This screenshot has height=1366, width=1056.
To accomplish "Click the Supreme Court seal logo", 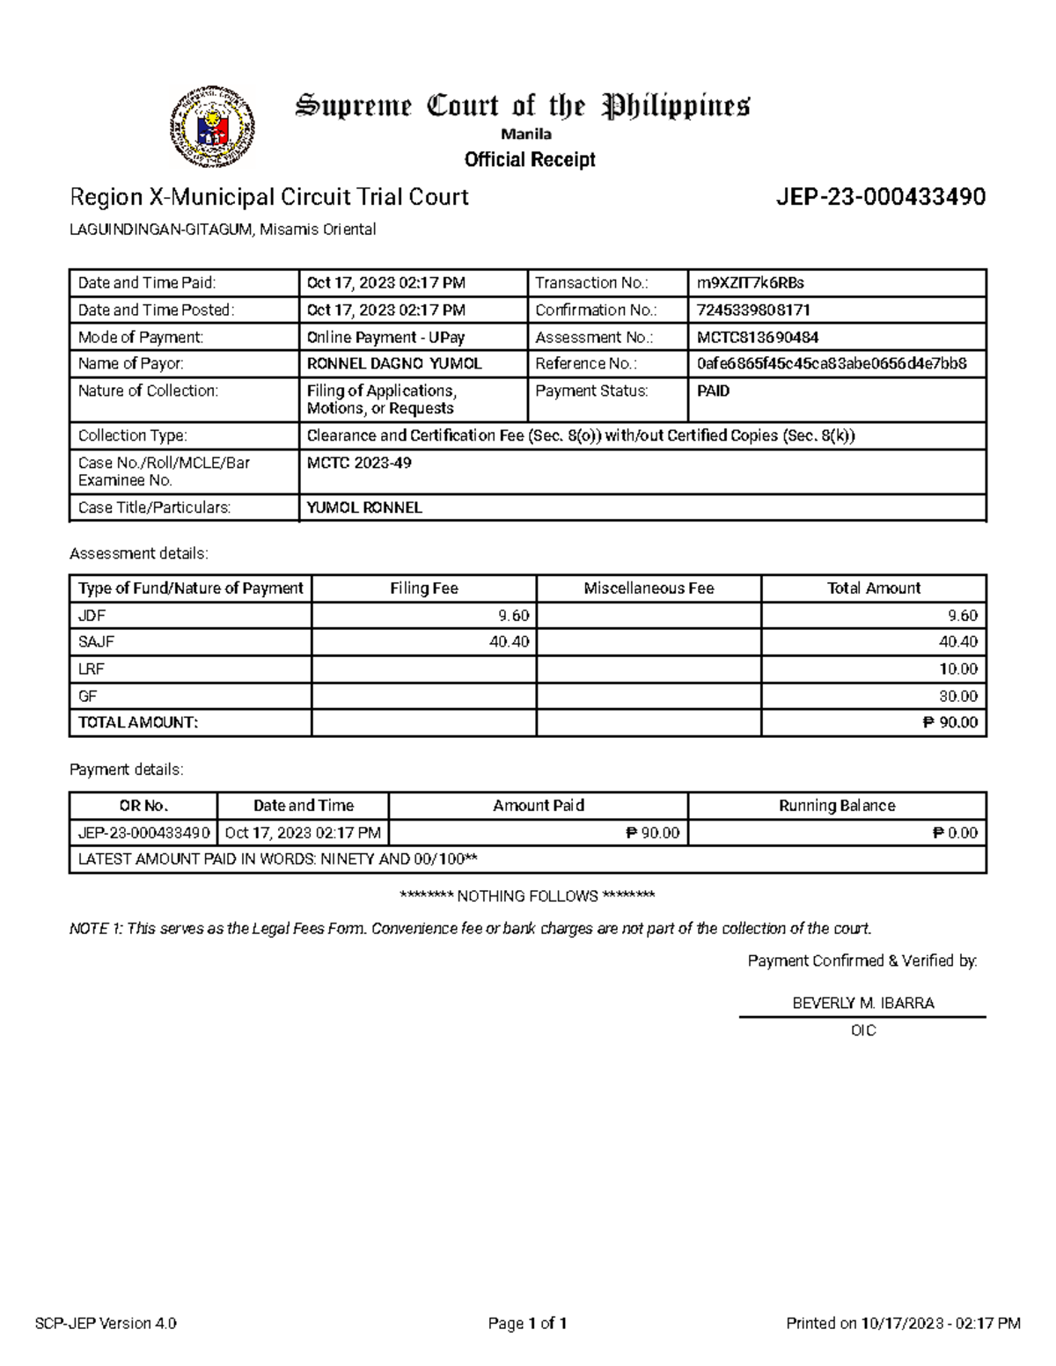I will (212, 128).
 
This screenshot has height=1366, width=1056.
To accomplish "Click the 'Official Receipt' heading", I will (530, 159).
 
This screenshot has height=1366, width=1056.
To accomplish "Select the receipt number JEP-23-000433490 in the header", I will (880, 197).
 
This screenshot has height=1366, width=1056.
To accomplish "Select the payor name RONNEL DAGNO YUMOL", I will (393, 363).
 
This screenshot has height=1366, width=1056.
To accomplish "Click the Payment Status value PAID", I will (713, 391).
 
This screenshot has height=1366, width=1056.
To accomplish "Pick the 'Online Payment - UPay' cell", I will (385, 337).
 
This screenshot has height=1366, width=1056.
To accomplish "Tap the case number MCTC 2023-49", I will (359, 463).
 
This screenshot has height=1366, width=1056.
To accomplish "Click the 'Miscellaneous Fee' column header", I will (649, 588).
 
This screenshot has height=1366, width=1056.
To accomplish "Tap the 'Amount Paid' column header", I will (538, 806).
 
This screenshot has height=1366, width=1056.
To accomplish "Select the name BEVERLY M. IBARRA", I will (862, 1003).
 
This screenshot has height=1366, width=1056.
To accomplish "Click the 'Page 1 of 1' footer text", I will (527, 1323).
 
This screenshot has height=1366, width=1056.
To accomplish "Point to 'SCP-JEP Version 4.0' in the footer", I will (106, 1323).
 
